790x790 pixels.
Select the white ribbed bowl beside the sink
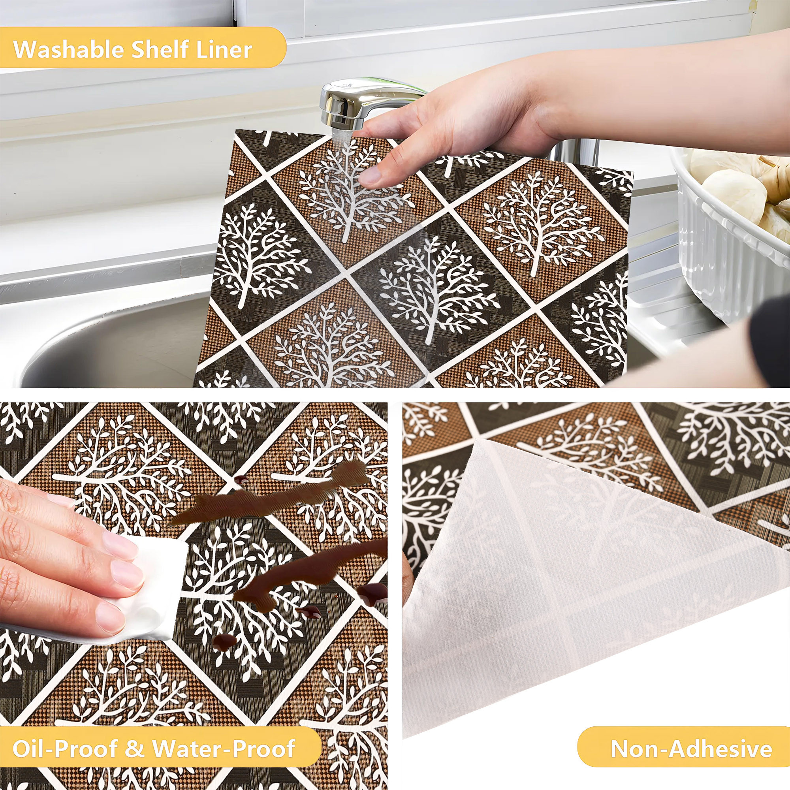(x=732, y=237)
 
